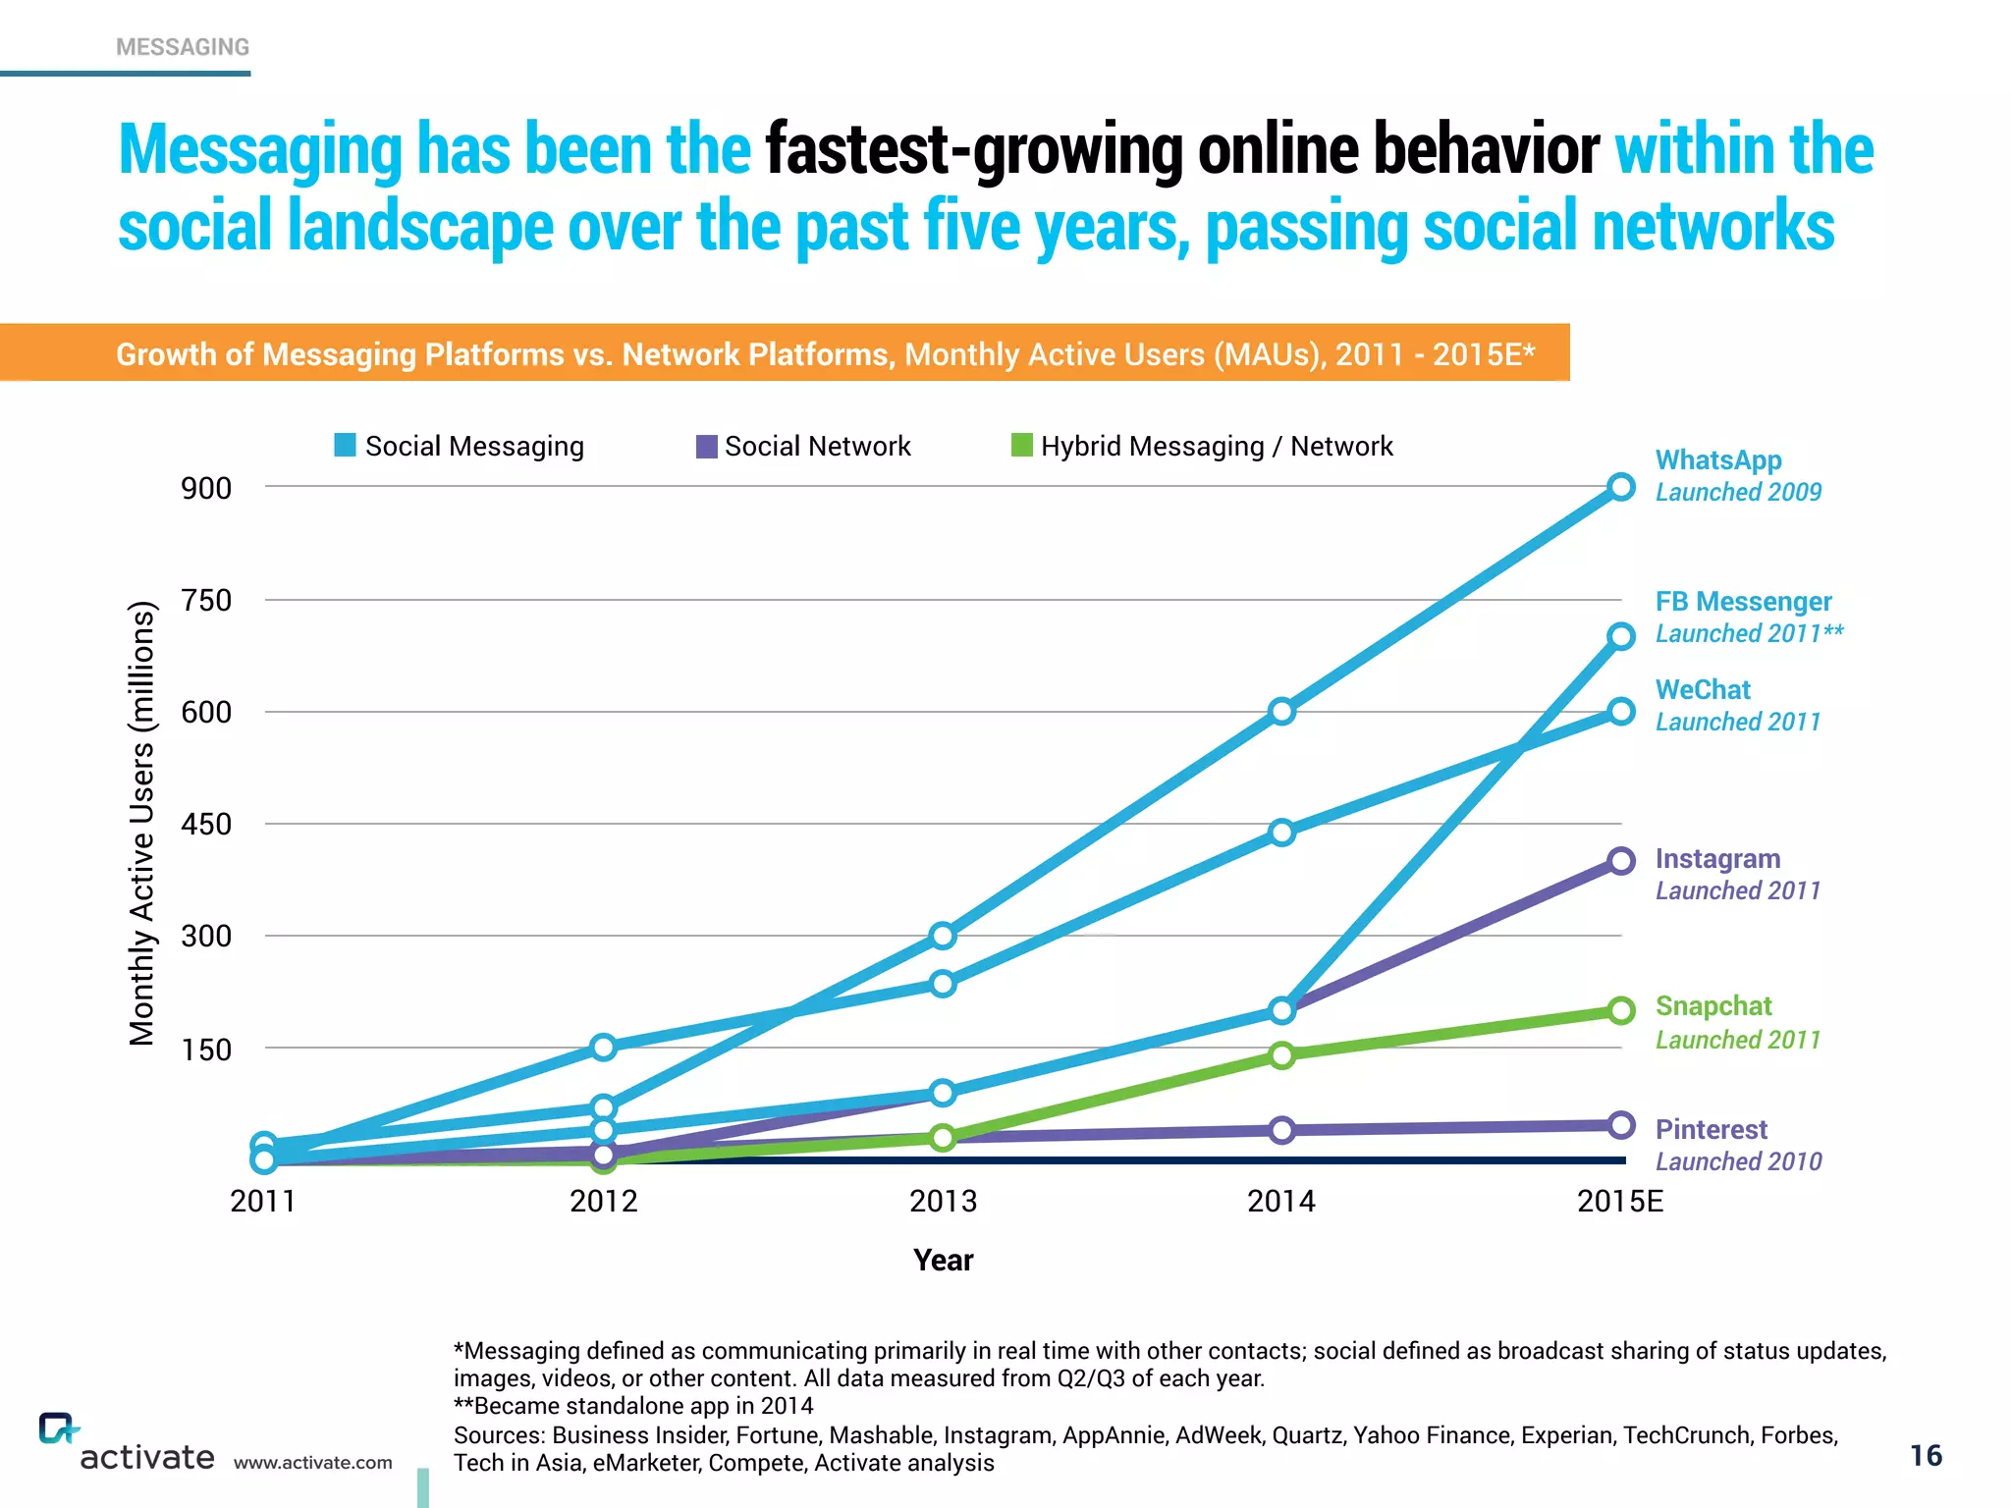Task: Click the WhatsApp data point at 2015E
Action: pos(1621,487)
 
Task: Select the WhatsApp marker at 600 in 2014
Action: pos(1281,711)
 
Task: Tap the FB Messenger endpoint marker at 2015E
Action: pos(1621,636)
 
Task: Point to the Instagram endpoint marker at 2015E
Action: pos(1621,861)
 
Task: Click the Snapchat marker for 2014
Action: pos(1281,1055)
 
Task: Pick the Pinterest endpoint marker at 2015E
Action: pos(1621,1125)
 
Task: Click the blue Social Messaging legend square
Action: pos(345,446)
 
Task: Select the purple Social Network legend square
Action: pos(706,447)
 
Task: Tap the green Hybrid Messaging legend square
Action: pos(1022,446)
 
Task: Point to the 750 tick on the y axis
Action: pos(206,600)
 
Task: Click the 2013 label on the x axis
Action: pos(943,1201)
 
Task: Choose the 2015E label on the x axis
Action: pos(1620,1201)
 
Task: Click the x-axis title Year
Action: pos(943,1261)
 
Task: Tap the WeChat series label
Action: pos(1703,690)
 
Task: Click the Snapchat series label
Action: pos(1713,1006)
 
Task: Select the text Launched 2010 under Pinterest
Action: pos(1738,1161)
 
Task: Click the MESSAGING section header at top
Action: pos(183,47)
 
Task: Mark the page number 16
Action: pos(1926,1455)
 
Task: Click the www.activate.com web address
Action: pos(312,1463)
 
